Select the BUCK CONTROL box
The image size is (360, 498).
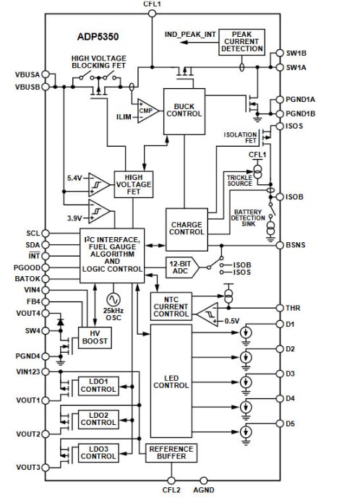184,110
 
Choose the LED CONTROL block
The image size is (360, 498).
171,380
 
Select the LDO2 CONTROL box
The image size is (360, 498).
98,419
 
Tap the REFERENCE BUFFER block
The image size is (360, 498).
171,453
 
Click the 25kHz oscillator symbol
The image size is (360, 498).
113,298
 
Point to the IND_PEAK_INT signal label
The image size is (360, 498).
190,34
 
